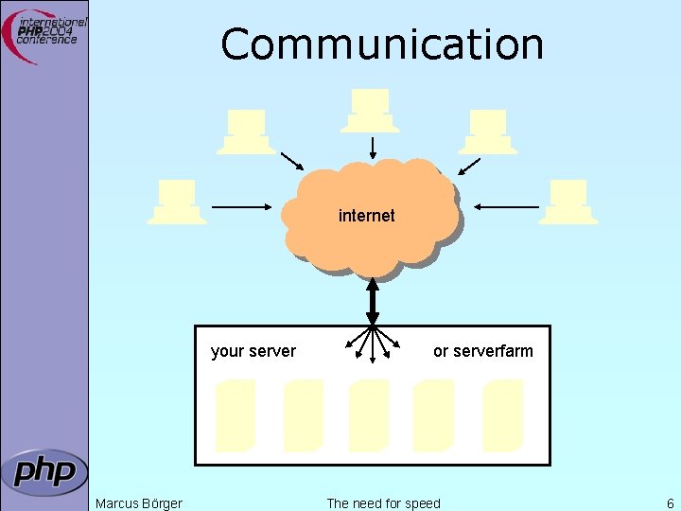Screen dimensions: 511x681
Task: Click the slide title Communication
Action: pyautogui.click(x=382, y=44)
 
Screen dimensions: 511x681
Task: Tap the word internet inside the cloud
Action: pyautogui.click(x=366, y=216)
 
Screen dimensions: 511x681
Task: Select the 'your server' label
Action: pyautogui.click(x=253, y=351)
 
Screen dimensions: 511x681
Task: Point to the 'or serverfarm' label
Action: pyautogui.click(x=482, y=351)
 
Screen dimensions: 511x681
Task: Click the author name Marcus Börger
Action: pyautogui.click(x=139, y=502)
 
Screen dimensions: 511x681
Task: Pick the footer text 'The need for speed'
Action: pyautogui.click(x=383, y=502)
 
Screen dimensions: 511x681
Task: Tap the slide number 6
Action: pyautogui.click(x=670, y=502)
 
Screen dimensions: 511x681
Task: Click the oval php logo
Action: pyautogui.click(x=44, y=471)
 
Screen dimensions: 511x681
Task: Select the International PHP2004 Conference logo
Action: pyautogui.click(x=47, y=36)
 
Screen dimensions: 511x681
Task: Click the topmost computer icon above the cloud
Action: pyautogui.click(x=370, y=110)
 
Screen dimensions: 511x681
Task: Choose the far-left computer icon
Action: pyautogui.click(x=177, y=202)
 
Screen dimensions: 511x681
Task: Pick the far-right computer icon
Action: pyautogui.click(x=568, y=202)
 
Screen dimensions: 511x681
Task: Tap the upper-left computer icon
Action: pyautogui.click(x=246, y=132)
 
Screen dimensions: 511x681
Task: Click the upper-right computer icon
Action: pyautogui.click(x=488, y=132)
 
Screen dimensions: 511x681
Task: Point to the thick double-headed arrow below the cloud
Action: pyautogui.click(x=373, y=301)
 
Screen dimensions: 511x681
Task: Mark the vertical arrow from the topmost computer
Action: pyautogui.click(x=373, y=148)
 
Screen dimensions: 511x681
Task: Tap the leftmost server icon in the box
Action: pyautogui.click(x=236, y=414)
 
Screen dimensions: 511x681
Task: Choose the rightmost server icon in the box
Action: pyautogui.click(x=502, y=414)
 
